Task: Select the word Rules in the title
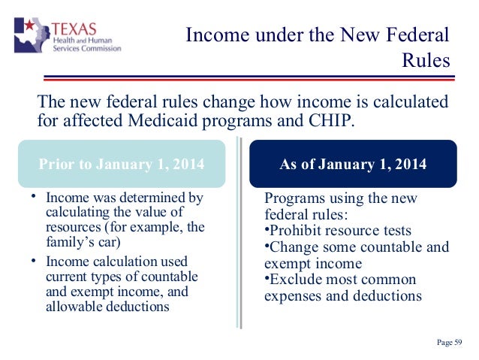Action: pyautogui.click(x=426, y=59)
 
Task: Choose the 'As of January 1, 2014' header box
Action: pyautogui.click(x=353, y=164)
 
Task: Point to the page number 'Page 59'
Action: pyautogui.click(x=450, y=343)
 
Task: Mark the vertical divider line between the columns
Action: pyautogui.click(x=239, y=241)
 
